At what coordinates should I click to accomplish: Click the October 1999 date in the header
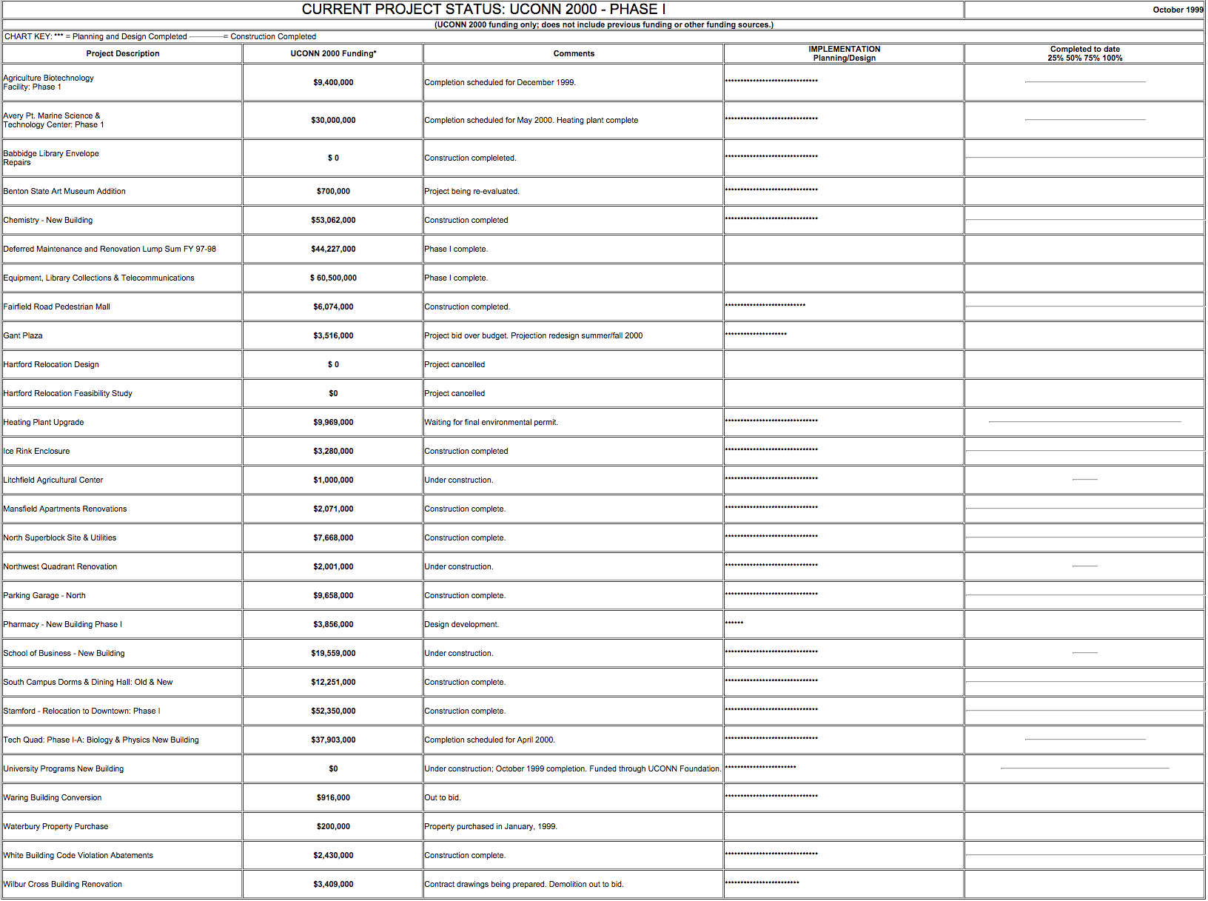1178,10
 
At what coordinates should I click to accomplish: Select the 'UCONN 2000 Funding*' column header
333,53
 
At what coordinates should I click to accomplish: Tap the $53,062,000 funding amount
333,220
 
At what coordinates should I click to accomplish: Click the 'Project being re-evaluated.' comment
472,191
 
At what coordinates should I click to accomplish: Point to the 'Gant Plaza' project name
23,335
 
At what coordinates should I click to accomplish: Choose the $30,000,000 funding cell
333,120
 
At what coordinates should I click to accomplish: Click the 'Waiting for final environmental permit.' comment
491,422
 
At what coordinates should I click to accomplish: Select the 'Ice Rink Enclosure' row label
36,451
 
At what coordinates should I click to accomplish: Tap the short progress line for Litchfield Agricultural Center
1084,480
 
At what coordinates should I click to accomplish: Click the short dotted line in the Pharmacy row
734,623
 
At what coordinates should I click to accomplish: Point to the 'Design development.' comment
461,624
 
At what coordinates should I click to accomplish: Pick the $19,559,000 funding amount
333,653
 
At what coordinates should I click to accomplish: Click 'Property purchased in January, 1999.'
490,826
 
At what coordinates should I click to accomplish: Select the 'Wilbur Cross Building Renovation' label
63,884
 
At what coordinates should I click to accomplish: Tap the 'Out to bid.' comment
442,797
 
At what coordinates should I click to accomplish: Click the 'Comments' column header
574,53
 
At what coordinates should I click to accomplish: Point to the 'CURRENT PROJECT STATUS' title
483,10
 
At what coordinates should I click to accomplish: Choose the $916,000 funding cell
333,797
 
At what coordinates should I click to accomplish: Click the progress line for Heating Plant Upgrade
1084,422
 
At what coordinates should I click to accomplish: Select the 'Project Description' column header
122,53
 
